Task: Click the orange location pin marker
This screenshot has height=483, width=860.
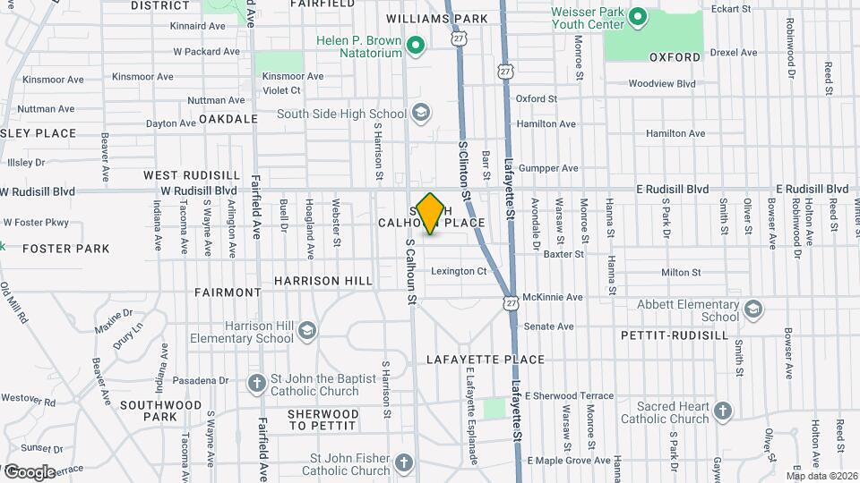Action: (431, 213)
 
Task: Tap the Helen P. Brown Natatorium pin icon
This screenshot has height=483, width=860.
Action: (415, 44)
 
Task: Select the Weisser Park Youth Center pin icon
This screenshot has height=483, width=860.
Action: (637, 16)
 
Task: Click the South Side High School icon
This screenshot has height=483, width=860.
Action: (421, 114)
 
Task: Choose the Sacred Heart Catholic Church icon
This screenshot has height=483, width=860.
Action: (722, 411)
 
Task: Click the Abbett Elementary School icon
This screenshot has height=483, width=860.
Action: (753, 309)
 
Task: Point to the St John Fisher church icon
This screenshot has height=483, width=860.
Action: (404, 464)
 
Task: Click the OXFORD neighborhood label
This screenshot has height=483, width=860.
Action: (675, 57)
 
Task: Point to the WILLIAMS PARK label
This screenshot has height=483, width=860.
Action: (436, 19)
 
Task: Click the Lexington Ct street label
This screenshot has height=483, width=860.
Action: (458, 271)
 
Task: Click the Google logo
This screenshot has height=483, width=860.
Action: (30, 471)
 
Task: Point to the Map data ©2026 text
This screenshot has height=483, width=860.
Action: (821, 475)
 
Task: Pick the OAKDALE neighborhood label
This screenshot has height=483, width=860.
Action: (222, 118)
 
